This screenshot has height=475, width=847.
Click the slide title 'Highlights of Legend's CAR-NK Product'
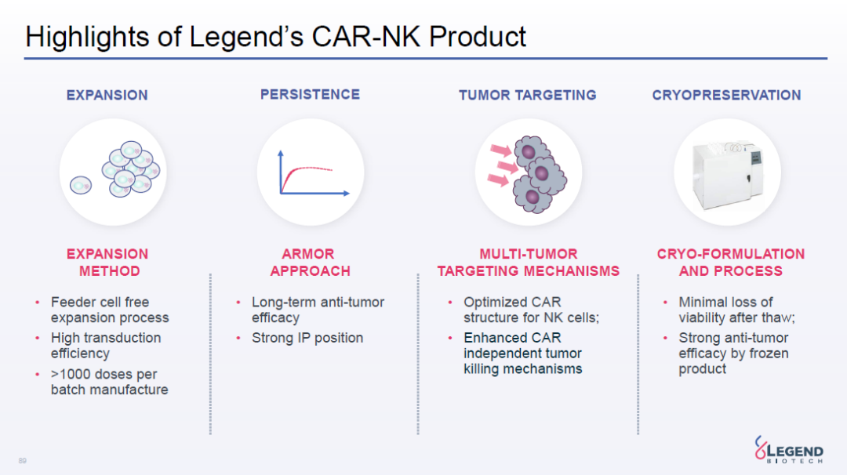275,38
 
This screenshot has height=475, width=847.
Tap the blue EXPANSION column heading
107,96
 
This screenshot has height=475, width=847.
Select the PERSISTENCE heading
310,95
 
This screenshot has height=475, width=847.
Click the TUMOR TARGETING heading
528,96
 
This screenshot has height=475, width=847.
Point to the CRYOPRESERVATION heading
726,96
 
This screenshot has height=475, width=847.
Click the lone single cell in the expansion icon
81,185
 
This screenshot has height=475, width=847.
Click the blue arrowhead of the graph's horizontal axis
347,193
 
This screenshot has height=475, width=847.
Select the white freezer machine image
728,174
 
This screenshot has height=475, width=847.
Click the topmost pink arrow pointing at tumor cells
500,150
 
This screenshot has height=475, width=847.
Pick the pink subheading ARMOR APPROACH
310,263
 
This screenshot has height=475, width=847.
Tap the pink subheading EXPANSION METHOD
107,263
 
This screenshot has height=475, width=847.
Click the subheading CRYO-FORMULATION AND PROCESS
731,263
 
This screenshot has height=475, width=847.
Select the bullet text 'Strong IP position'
307,338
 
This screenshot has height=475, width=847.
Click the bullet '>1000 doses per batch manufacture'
109,382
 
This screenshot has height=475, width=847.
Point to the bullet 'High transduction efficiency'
106,346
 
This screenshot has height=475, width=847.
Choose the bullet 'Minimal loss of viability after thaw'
736,310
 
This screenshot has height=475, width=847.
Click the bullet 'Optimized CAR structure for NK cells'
532,310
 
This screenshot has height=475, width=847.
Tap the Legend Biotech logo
789,450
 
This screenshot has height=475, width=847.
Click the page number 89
22,460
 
